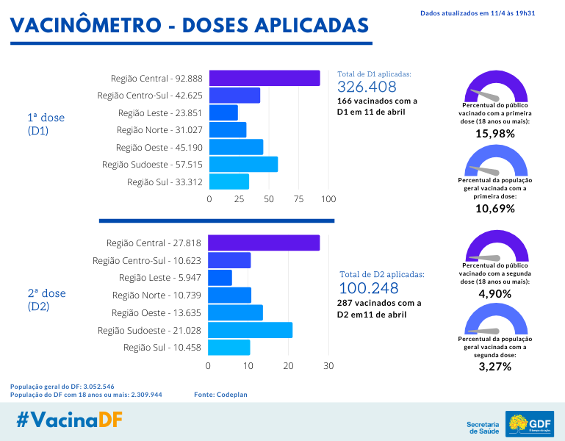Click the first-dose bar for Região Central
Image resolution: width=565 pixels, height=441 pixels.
264,78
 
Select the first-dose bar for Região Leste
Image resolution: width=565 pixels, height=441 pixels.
223,112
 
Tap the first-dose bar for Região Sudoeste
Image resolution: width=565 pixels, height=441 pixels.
243,164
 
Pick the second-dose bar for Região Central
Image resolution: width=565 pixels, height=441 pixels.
264,243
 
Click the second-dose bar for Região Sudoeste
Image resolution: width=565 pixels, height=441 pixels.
250,330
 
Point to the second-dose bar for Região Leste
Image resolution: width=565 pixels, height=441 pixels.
220,278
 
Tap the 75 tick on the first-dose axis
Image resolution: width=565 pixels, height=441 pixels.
299,199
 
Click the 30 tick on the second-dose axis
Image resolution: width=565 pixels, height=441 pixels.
329,365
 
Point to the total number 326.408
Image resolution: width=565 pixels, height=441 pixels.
367,87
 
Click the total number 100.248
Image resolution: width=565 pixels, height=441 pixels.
368,288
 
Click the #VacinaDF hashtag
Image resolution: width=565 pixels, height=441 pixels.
69,420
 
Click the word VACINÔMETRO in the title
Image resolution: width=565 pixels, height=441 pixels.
84,25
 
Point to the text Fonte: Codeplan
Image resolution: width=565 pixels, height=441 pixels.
220,395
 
